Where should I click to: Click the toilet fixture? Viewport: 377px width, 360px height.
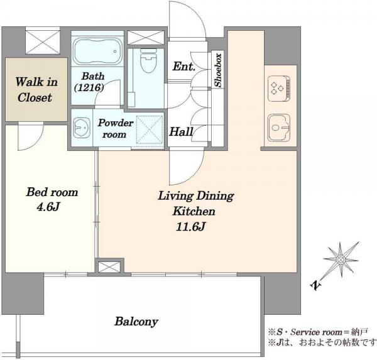(148, 60)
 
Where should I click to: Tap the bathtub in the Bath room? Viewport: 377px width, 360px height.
(97, 52)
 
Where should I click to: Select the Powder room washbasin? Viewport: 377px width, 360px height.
(82, 128)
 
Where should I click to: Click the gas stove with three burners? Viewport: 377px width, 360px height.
(279, 88)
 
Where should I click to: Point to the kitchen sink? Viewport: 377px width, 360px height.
(279, 128)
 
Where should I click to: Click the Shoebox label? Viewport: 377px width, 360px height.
(218, 70)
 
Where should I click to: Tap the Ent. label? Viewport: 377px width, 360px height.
(183, 67)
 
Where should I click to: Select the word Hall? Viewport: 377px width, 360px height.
(181, 132)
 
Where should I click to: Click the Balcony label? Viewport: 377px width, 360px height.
(136, 322)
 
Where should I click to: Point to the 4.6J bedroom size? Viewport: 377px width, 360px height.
(48, 207)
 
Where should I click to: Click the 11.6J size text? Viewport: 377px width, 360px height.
(190, 227)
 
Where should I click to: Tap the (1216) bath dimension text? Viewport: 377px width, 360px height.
(89, 87)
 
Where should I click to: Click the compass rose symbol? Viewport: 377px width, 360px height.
(341, 259)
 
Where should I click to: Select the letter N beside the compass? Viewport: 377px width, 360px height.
(316, 285)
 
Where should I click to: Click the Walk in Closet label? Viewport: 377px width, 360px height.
(36, 90)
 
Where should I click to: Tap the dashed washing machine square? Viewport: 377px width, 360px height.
(150, 130)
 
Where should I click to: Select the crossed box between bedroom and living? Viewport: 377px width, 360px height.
(109, 267)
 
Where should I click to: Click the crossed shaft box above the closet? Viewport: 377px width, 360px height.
(43, 41)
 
